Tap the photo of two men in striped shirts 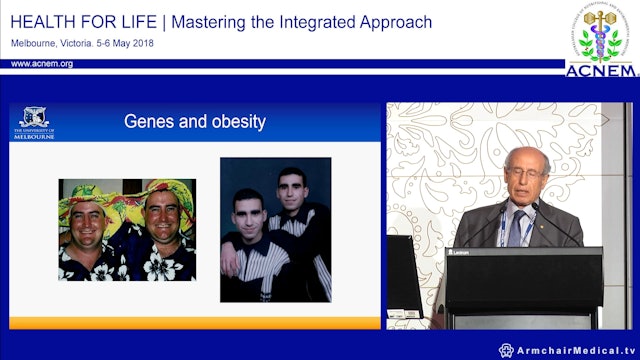(275, 230)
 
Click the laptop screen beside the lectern (404, 274)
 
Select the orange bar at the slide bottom (194, 322)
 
